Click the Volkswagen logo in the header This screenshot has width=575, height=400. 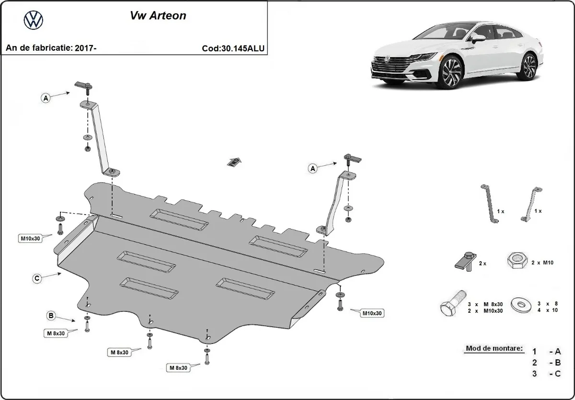click(33, 20)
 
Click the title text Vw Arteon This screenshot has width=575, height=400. click(158, 15)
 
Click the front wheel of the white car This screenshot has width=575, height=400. click(452, 73)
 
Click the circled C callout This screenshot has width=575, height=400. click(36, 278)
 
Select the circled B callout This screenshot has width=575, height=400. click(50, 315)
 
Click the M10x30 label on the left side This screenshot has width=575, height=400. click(30, 238)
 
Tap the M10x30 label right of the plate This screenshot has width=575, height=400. click(372, 313)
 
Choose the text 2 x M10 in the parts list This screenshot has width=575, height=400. click(540, 263)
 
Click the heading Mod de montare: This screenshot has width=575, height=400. click(494, 349)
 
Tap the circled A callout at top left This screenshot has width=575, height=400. click(46, 98)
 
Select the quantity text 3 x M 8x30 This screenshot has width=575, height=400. click(486, 304)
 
